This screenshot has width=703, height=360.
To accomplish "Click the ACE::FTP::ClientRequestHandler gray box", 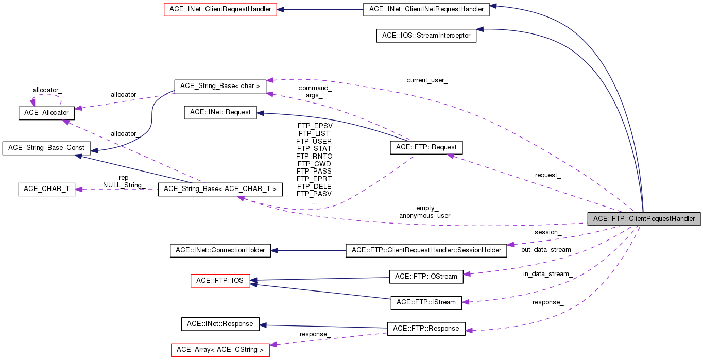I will (644, 218).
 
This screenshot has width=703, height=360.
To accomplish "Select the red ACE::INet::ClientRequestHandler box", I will (220, 9).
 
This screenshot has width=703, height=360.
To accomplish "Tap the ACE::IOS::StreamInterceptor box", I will (426, 36).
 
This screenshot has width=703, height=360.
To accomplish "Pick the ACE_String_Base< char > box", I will (220, 86).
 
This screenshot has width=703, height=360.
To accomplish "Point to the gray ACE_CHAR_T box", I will (46, 189).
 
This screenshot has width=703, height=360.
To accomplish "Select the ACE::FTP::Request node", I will (426, 147).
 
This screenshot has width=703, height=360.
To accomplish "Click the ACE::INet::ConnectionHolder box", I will (220, 250).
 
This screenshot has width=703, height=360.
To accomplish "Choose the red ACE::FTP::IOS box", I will (220, 281).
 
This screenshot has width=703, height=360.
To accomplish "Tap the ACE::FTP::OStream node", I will (426, 276).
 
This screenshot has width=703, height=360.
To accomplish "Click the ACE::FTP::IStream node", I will (426, 302).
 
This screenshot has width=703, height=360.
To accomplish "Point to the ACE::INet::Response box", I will (220, 324).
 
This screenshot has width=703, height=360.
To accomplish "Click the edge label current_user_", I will (427, 80).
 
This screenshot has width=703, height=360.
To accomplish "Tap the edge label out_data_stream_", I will (547, 250).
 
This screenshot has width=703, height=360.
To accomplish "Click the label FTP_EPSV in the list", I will (315, 126).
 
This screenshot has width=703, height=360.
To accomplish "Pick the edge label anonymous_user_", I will (426, 216).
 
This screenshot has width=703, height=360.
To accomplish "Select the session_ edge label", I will (547, 232).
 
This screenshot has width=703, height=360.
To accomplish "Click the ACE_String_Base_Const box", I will (46, 148).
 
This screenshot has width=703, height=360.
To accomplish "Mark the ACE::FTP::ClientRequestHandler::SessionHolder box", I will (426, 250).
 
